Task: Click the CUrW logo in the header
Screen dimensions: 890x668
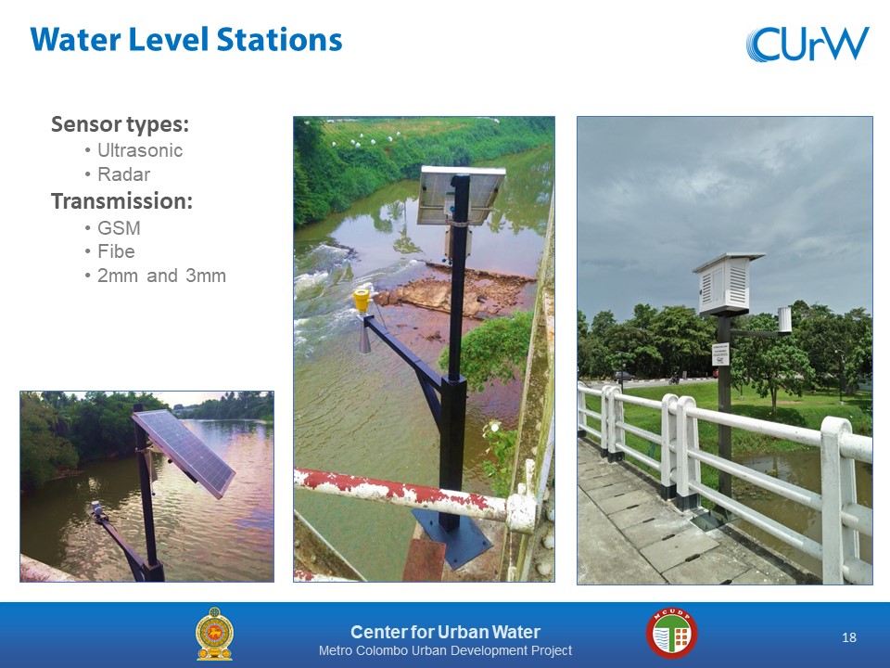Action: pyautogui.click(x=807, y=44)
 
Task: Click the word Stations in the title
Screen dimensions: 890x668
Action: pyautogui.click(x=279, y=40)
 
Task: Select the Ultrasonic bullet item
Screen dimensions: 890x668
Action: pyautogui.click(x=140, y=150)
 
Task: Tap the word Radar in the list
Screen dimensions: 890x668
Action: pyautogui.click(x=123, y=174)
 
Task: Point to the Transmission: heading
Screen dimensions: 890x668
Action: pyautogui.click(x=122, y=201)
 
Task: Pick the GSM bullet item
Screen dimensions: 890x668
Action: pyautogui.click(x=119, y=228)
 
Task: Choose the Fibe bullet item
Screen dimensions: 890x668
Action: pyautogui.click(x=117, y=251)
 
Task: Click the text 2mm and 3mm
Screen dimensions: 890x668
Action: pyautogui.click(x=161, y=276)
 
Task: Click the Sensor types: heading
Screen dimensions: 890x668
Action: pyautogui.click(x=120, y=123)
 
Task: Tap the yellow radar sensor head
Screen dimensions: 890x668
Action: pyautogui.click(x=362, y=301)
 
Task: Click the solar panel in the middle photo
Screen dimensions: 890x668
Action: pyautogui.click(x=461, y=195)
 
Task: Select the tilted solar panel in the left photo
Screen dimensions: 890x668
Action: pyautogui.click(x=184, y=453)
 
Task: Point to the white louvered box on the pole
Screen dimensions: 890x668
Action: pyautogui.click(x=728, y=283)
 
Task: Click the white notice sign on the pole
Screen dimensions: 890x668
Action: pyautogui.click(x=720, y=353)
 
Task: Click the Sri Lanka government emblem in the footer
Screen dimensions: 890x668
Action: pyautogui.click(x=214, y=634)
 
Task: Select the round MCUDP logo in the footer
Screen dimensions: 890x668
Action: pyautogui.click(x=672, y=634)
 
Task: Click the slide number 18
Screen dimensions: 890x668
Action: pyautogui.click(x=849, y=637)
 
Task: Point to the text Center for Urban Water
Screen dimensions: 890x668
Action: pyautogui.click(x=446, y=632)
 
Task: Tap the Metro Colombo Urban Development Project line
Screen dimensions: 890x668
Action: pyautogui.click(x=446, y=650)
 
